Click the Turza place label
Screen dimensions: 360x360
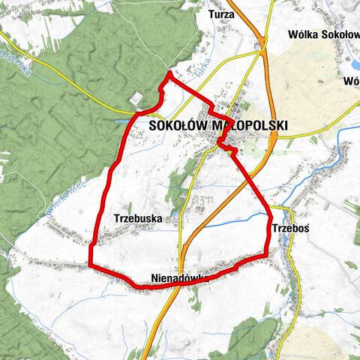(222, 14)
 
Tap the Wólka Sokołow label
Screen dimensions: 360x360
(323, 34)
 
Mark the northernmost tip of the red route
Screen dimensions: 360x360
(170, 73)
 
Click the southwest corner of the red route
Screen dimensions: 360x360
(90, 265)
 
